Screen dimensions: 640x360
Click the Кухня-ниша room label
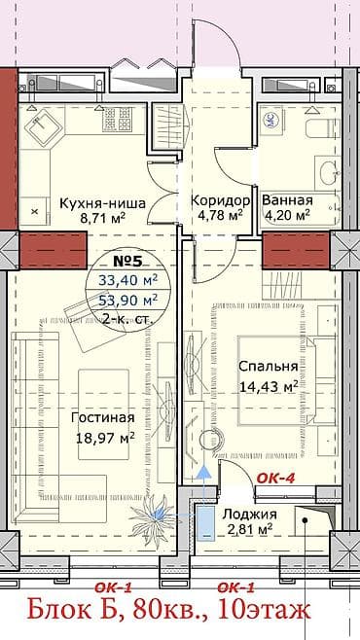pyautogui.click(x=102, y=203)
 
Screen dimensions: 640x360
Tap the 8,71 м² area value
pyautogui.click(x=105, y=220)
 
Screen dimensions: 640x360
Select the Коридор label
pyautogui.click(x=221, y=200)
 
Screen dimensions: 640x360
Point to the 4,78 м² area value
pyautogui.click(x=221, y=216)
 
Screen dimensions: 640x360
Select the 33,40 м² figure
pyautogui.click(x=126, y=280)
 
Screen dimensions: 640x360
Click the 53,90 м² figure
pyautogui.click(x=126, y=300)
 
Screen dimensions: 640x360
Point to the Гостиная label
pyautogui.click(x=101, y=418)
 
